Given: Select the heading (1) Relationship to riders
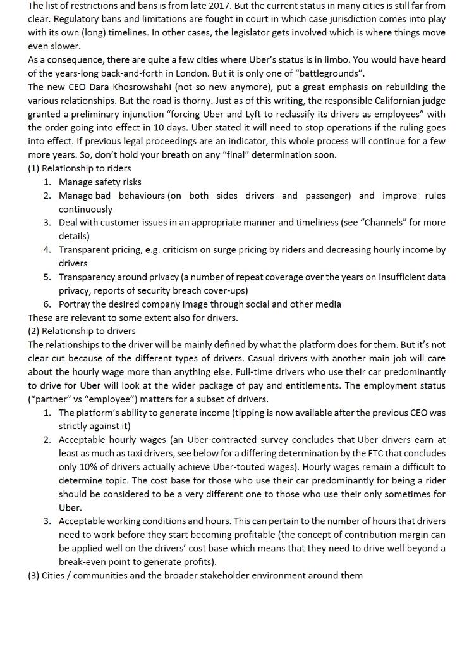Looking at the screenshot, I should (80, 168).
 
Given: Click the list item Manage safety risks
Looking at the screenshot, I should (100, 182).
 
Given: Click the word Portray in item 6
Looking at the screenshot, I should (74, 304).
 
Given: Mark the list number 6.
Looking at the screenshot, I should (47, 304).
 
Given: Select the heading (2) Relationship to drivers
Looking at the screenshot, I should (82, 331).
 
